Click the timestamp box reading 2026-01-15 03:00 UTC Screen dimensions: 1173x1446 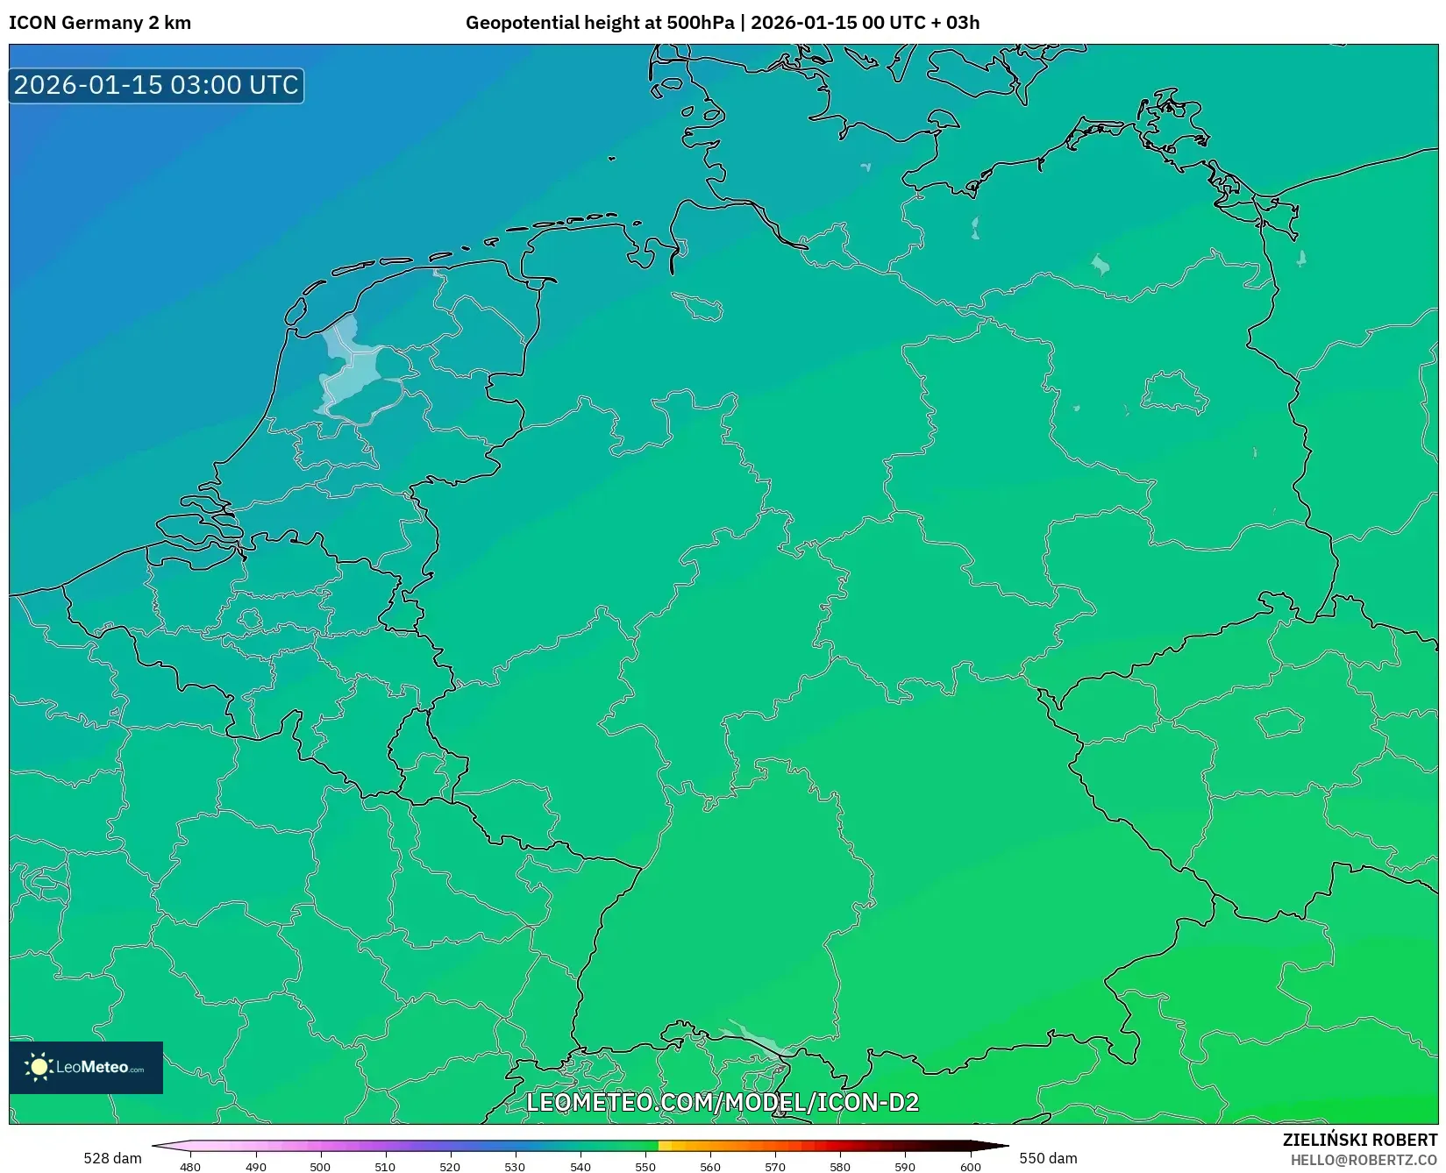(x=156, y=86)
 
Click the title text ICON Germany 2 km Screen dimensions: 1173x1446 (x=100, y=23)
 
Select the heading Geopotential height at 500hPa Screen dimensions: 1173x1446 (x=600, y=23)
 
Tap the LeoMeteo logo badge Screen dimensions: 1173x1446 (x=86, y=1067)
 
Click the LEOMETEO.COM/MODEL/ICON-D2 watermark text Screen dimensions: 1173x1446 (x=722, y=1102)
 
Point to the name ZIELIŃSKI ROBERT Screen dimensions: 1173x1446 (x=1360, y=1140)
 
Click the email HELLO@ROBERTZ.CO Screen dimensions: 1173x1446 (x=1364, y=1160)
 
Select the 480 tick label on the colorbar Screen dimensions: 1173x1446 (x=190, y=1167)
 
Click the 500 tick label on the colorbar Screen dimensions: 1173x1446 (x=320, y=1167)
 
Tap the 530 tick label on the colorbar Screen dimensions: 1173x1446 (x=515, y=1167)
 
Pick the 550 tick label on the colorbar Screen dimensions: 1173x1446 (x=645, y=1167)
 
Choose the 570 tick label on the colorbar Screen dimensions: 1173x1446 (x=775, y=1167)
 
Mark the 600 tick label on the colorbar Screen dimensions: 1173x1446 (x=970, y=1167)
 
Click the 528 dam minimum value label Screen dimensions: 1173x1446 (x=112, y=1158)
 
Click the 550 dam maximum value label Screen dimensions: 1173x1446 (x=1048, y=1158)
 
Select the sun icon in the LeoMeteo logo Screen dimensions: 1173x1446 (x=39, y=1067)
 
